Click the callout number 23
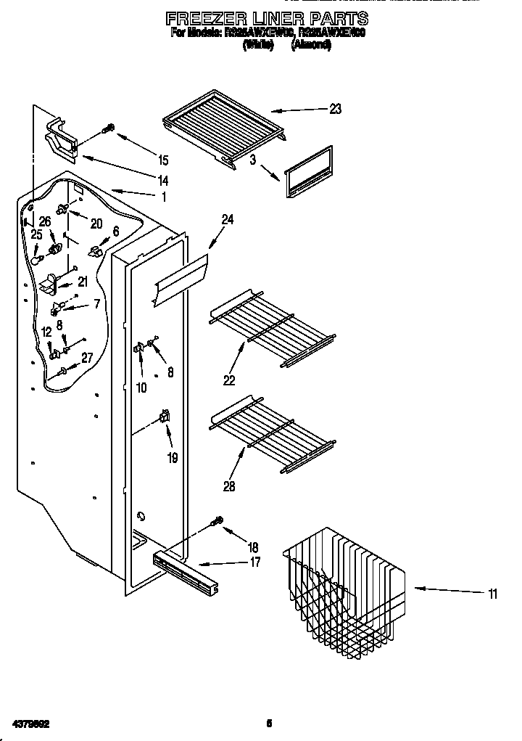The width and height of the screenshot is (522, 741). [335, 110]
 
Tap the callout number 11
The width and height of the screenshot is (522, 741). [492, 594]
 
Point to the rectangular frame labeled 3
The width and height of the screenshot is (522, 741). [308, 172]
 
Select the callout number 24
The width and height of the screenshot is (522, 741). [228, 220]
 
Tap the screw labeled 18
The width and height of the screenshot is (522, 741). [216, 521]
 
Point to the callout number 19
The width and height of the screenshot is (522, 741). [173, 458]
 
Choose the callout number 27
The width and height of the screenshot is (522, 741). [87, 356]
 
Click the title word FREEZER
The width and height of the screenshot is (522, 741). [207, 18]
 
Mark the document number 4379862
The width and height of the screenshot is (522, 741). [30, 724]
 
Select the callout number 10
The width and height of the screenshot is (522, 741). [141, 388]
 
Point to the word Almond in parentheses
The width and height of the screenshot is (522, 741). [312, 45]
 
